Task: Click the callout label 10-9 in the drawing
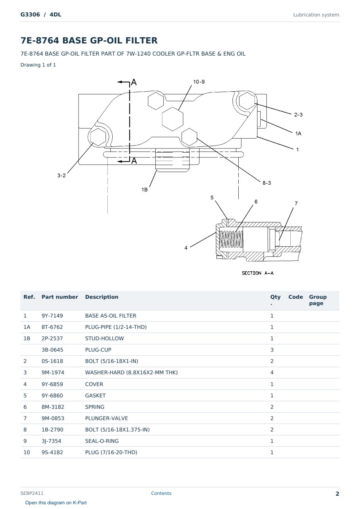(199, 82)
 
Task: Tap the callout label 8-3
(266, 183)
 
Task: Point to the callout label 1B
(144, 190)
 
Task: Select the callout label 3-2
(61, 175)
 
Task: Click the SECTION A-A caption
(257, 273)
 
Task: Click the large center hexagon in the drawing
(173, 119)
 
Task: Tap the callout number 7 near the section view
(296, 203)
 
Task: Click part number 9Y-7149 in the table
(52, 316)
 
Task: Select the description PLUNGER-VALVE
(106, 418)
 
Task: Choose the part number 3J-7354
(51, 441)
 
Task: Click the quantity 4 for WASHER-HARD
(272, 372)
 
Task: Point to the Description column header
(102, 297)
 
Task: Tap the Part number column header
(60, 297)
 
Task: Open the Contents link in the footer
(161, 493)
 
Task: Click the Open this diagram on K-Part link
(56, 503)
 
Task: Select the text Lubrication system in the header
(316, 15)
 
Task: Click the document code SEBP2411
(32, 493)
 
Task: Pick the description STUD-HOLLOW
(104, 338)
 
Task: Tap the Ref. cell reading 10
(27, 452)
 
